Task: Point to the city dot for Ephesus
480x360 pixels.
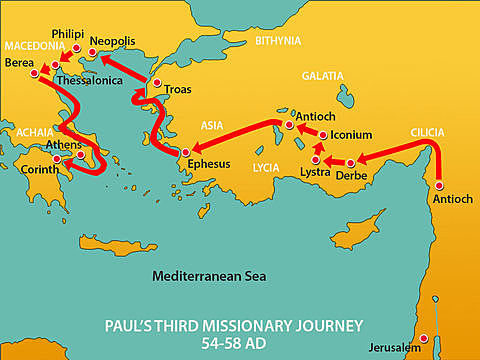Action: point(184,152)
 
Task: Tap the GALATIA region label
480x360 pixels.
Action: point(322,76)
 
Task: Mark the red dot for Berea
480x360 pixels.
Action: point(34,73)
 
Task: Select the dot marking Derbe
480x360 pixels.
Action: point(350,162)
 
